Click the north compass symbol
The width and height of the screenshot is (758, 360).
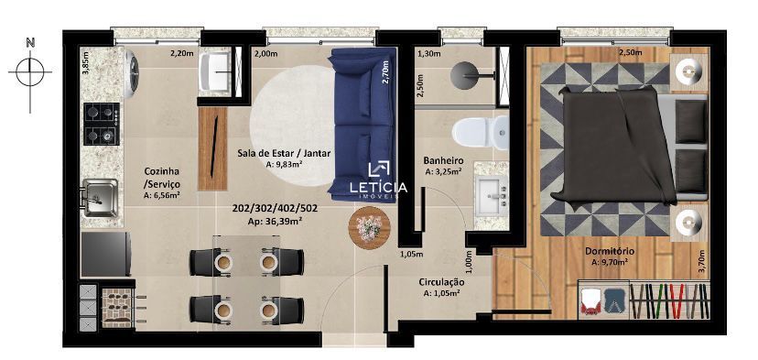(30, 73)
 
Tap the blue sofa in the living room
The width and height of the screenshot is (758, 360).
(363, 125)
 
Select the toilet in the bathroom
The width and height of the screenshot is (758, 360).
(481, 132)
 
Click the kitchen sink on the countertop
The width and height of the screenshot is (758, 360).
(100, 198)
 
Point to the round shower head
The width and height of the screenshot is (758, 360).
(465, 75)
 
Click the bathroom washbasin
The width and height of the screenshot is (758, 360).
(492, 196)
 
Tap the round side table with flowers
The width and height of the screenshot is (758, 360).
(370, 227)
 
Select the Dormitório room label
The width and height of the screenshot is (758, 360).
(610, 252)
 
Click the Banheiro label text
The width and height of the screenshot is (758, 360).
(443, 160)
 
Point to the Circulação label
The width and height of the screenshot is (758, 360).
(441, 282)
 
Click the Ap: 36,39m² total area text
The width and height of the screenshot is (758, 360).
(275, 221)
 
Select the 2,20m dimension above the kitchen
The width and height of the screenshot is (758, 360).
(179, 54)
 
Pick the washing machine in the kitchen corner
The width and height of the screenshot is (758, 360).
(130, 72)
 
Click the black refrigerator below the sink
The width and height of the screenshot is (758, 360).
(106, 254)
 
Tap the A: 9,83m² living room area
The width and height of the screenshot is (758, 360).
(284, 164)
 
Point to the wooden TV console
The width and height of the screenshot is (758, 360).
(212, 148)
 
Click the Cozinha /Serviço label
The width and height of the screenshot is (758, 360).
(162, 178)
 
